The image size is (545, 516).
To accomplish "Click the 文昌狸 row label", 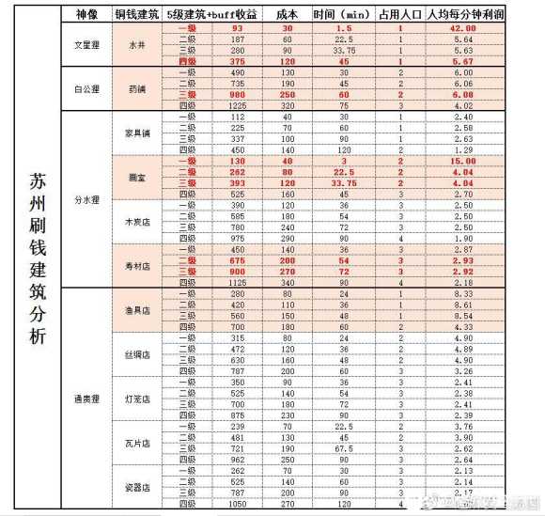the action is pyautogui.click(x=88, y=46).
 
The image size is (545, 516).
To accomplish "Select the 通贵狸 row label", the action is pyautogui.click(x=88, y=399).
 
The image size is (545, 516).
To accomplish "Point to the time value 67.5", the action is pyautogui.click(x=344, y=448).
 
